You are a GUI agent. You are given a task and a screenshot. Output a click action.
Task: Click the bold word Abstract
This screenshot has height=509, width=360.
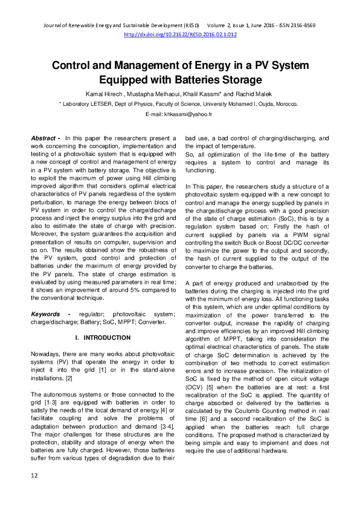[x=43, y=138]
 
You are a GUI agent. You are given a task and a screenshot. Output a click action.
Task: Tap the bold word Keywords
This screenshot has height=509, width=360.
[x=46, y=314]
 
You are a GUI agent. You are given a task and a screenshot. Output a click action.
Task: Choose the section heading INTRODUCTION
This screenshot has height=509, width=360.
[x=104, y=337]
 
